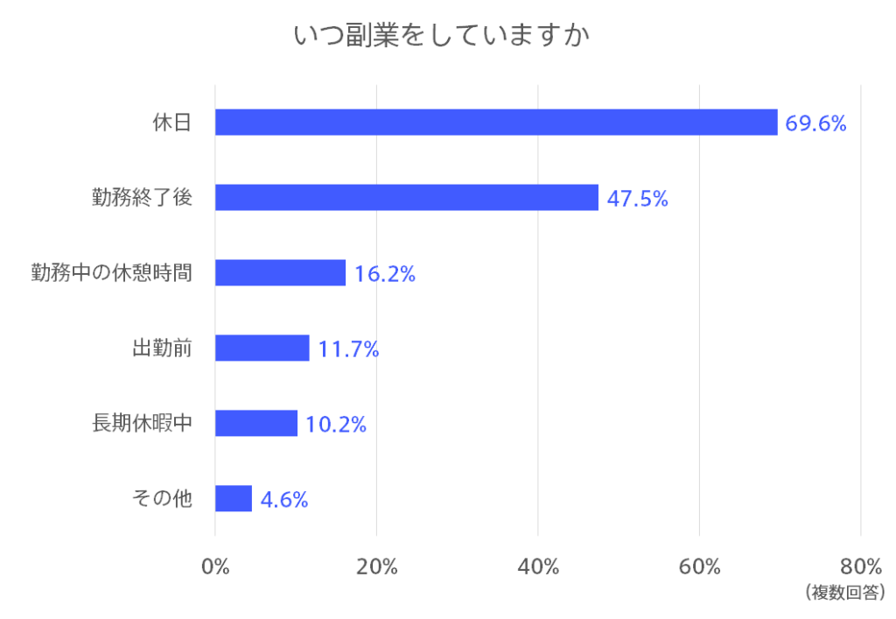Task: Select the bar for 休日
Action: coord(496,123)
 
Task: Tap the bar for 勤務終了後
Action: coord(407,198)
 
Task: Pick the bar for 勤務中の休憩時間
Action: coord(280,273)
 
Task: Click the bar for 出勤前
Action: coord(262,348)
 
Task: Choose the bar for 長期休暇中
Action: coord(256,424)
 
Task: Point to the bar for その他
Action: coord(234,499)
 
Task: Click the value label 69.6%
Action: coord(815,123)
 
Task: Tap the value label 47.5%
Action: coord(638,199)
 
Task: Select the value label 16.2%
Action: coord(385,274)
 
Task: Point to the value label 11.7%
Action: coord(348,349)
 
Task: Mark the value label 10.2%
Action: coord(336,425)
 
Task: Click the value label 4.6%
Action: coord(284,500)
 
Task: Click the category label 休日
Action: coord(171,123)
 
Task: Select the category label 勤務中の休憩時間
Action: coord(111,273)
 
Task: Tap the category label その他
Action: coord(162,499)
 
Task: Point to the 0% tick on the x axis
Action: coord(215,566)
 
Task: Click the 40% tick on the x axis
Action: coord(538,566)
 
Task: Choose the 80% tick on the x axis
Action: coord(861,566)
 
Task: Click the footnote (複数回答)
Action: coord(845,593)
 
